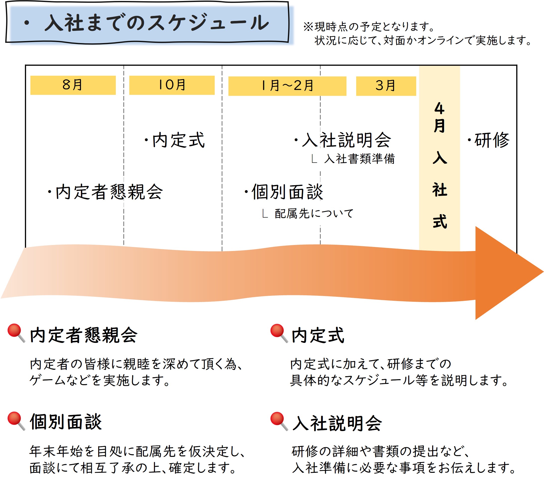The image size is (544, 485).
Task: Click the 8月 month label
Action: (73, 85)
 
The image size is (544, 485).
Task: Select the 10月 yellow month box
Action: (172, 85)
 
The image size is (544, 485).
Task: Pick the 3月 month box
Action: (386, 86)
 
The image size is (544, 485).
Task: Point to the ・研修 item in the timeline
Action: (488, 140)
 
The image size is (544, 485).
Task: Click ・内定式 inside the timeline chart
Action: (175, 140)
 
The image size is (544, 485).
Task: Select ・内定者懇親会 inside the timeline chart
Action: (105, 192)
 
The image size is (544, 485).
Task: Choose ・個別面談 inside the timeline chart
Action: (284, 192)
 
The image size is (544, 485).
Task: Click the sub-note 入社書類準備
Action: (359, 159)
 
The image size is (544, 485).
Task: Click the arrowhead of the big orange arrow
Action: (506, 273)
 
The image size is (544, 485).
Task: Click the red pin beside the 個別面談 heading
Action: (15, 421)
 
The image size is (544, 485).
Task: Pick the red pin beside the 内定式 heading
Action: (278, 333)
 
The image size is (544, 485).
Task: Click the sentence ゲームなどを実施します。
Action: (100, 380)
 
